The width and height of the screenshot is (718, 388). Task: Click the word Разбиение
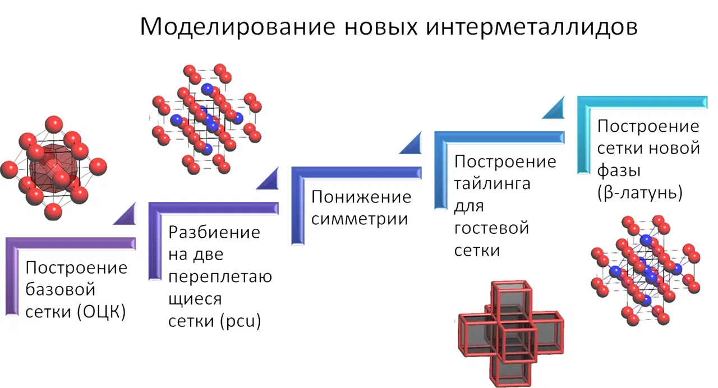(x=214, y=232)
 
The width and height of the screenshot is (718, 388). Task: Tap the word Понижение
(x=361, y=197)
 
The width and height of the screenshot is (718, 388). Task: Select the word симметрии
(x=360, y=219)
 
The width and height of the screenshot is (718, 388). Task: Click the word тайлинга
(x=492, y=183)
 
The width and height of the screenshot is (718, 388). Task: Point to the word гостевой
(x=491, y=228)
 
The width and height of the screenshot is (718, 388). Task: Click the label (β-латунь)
(x=639, y=193)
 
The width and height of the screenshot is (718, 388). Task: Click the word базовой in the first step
(x=60, y=290)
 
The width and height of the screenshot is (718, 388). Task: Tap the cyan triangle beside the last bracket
(x=555, y=109)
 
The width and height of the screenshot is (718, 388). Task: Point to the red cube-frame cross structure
(x=509, y=330)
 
